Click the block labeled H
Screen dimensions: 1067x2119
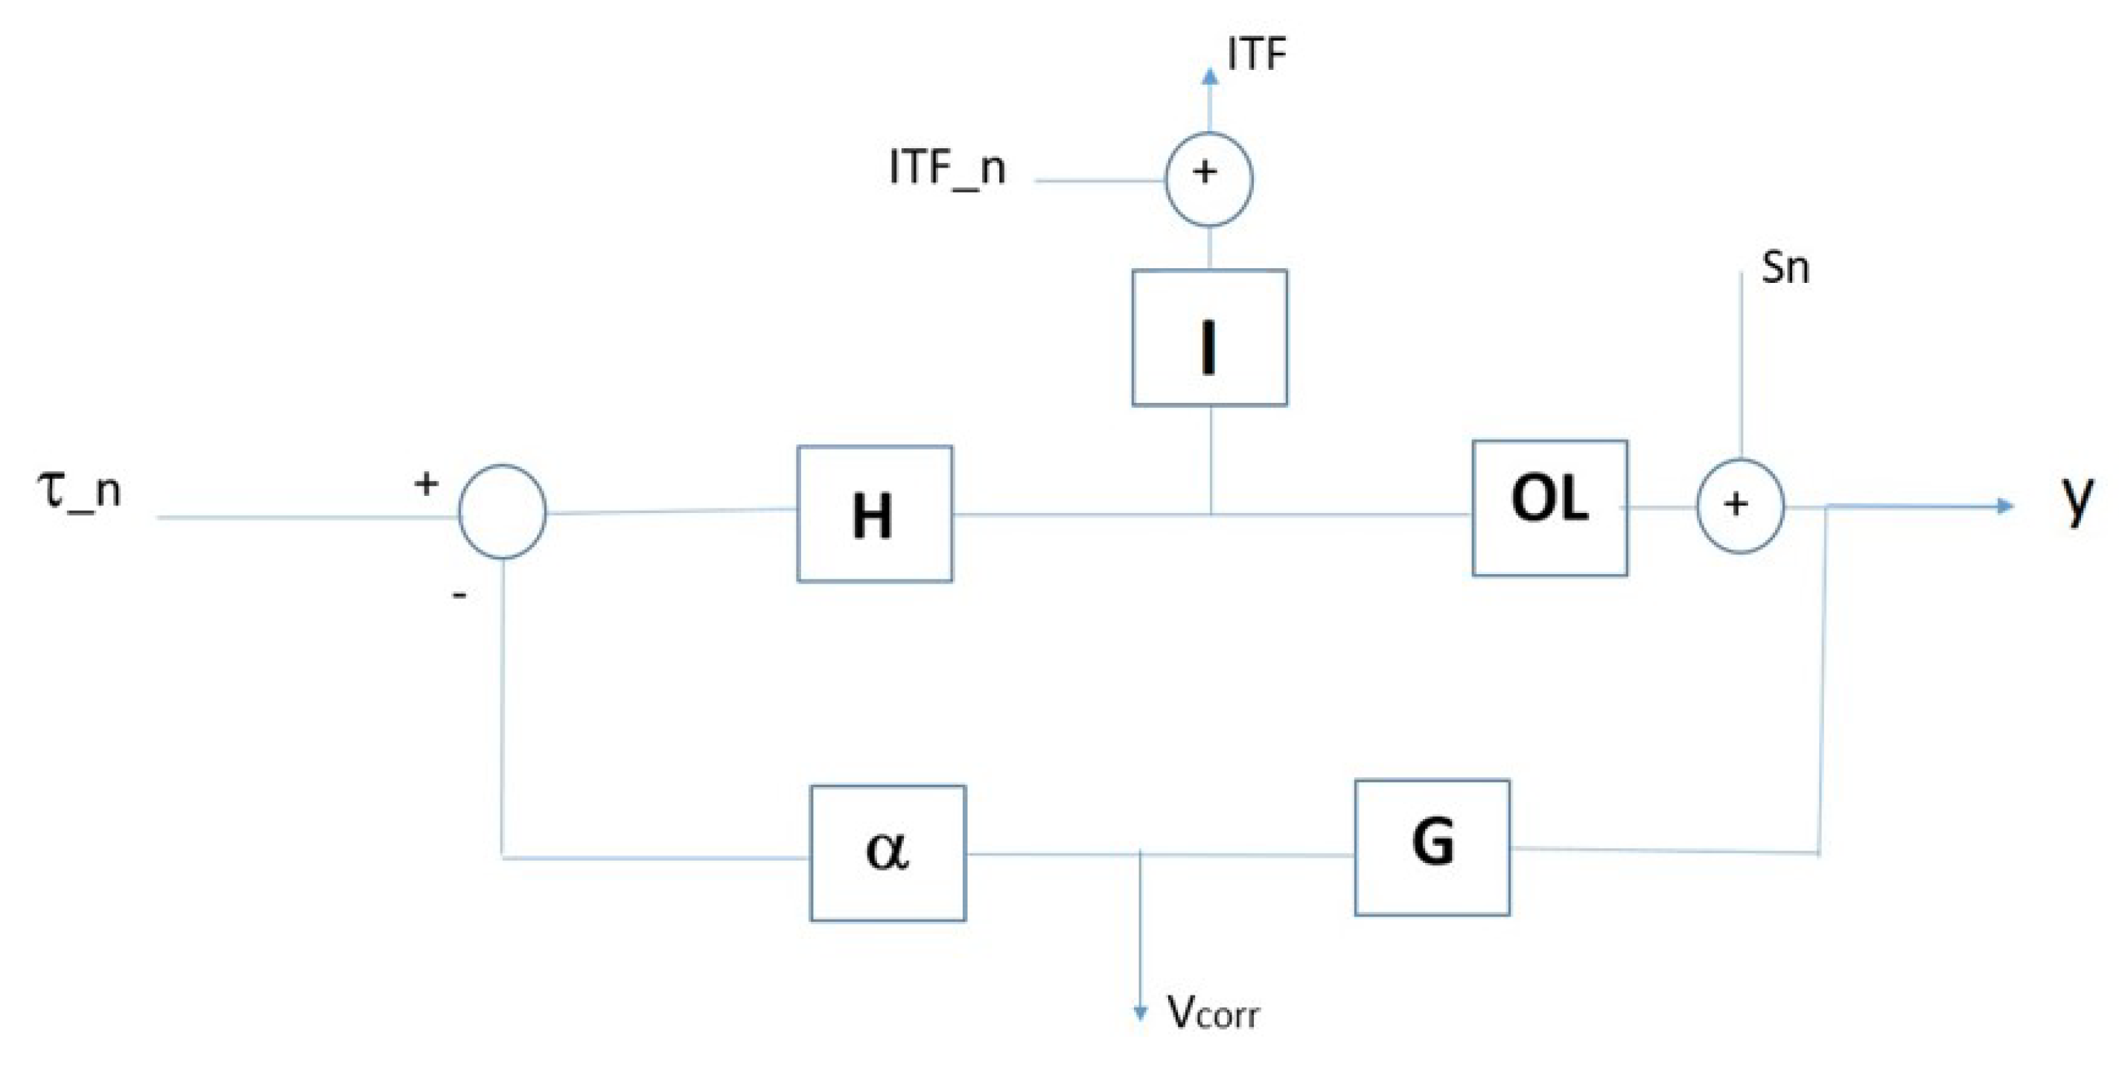pos(874,515)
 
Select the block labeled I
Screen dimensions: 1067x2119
pos(1209,338)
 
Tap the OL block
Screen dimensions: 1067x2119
pos(1549,509)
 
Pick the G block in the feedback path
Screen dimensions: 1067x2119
pos(1432,848)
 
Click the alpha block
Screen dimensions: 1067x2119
pos(888,853)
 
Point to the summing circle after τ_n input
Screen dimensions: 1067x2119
pos(502,512)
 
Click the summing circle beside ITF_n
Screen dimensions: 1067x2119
pos(1209,179)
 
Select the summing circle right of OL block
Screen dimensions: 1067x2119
pos(1740,505)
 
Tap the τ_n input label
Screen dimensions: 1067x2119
pos(80,490)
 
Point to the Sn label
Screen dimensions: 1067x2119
pos(1785,268)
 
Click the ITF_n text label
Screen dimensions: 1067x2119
pos(947,168)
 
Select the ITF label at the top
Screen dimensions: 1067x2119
pos(1256,54)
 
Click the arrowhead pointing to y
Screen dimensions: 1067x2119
pos(2006,505)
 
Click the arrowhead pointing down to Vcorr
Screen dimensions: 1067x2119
pos(1140,1012)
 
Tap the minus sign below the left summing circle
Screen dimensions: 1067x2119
pos(460,595)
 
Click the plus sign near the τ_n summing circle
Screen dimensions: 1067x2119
pos(425,484)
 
